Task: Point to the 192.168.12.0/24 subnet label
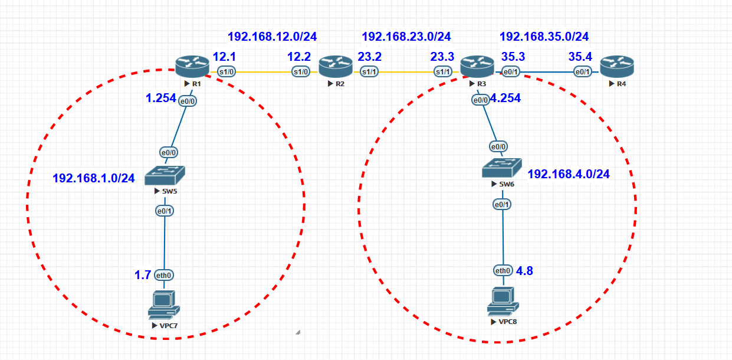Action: [272, 37]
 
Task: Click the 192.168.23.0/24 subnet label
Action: [406, 37]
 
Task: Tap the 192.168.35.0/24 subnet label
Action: [544, 37]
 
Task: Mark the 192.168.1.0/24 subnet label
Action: [94, 178]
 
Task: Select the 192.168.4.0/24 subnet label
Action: [569, 174]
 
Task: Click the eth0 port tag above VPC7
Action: [164, 275]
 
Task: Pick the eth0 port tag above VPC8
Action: [503, 271]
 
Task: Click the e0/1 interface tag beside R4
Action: [583, 72]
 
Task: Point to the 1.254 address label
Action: [161, 98]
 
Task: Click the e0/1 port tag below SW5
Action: [165, 211]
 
